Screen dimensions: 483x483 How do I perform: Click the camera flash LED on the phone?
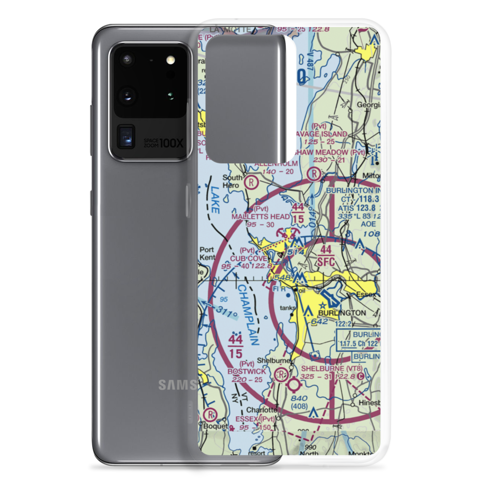point(170,60)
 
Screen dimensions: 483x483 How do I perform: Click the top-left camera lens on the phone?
point(127,60)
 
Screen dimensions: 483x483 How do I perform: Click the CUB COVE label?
point(248,259)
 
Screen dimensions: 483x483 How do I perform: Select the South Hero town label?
point(232,182)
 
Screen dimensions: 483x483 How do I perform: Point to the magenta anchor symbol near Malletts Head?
point(283,235)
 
